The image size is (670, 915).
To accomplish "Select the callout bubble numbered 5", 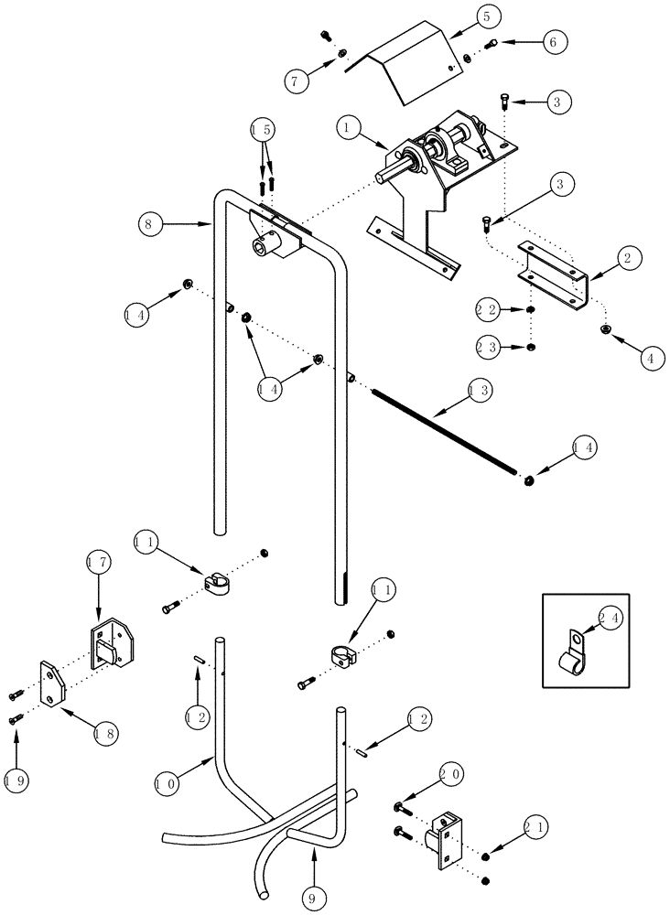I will [x=487, y=17].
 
